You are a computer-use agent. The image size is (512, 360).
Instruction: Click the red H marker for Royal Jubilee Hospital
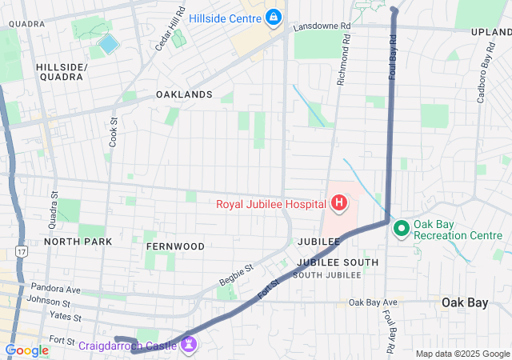(338, 203)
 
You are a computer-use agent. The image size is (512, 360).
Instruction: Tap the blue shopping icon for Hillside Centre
(274, 17)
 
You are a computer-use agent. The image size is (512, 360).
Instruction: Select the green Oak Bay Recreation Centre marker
(401, 229)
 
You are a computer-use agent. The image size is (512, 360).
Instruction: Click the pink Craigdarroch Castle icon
(190, 346)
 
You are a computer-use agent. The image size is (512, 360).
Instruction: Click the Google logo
(26, 350)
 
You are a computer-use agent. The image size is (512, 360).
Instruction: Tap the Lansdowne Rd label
(322, 26)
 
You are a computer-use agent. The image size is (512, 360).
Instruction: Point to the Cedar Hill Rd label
(170, 29)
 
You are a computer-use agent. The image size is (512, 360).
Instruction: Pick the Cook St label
(114, 130)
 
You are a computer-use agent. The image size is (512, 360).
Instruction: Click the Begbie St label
(236, 275)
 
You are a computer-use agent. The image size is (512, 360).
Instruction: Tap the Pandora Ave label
(56, 287)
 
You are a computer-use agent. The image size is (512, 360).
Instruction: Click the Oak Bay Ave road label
(373, 302)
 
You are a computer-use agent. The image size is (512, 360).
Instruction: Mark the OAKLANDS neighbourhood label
(184, 94)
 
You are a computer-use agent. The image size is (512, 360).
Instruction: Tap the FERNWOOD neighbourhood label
(175, 246)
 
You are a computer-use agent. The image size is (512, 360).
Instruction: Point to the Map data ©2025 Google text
(462, 354)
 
